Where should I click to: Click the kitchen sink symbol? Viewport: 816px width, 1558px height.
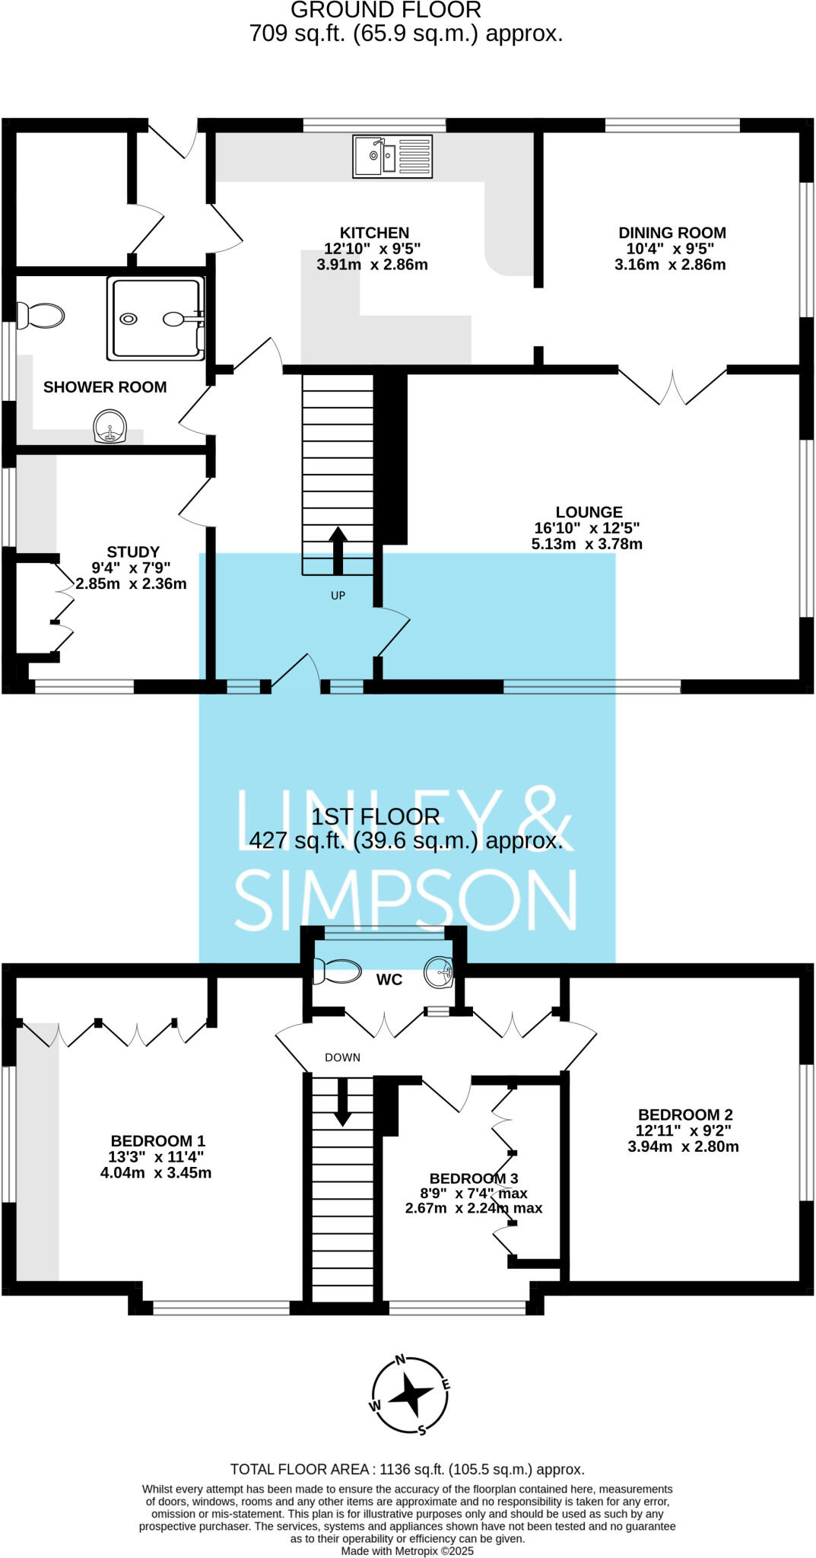click(392, 157)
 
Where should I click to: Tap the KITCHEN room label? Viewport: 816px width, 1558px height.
click(374, 234)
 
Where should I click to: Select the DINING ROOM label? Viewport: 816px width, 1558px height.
click(672, 234)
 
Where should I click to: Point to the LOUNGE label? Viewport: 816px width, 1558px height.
click(589, 513)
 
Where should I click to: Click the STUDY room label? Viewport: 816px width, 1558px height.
click(133, 552)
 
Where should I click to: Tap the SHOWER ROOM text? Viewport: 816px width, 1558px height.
click(105, 387)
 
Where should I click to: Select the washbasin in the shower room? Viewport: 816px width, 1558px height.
click(110, 426)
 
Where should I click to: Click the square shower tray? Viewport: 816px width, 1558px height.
click(157, 319)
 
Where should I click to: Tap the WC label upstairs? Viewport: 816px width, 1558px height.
click(389, 980)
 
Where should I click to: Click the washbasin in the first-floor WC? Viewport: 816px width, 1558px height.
click(440, 972)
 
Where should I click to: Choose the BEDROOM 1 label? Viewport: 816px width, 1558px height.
click(157, 1141)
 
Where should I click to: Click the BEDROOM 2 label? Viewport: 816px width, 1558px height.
click(685, 1115)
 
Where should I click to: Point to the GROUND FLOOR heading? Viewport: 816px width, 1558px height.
click(386, 11)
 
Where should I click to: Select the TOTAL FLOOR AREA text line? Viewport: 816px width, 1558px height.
click(407, 1470)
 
